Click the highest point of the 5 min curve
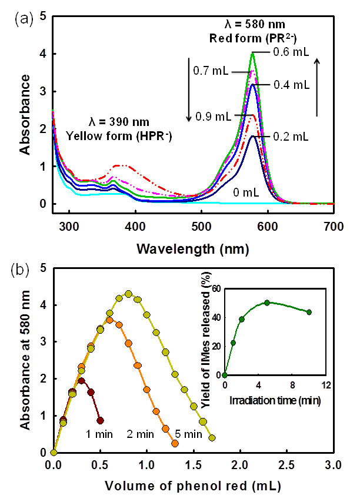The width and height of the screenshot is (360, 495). click(128, 294)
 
